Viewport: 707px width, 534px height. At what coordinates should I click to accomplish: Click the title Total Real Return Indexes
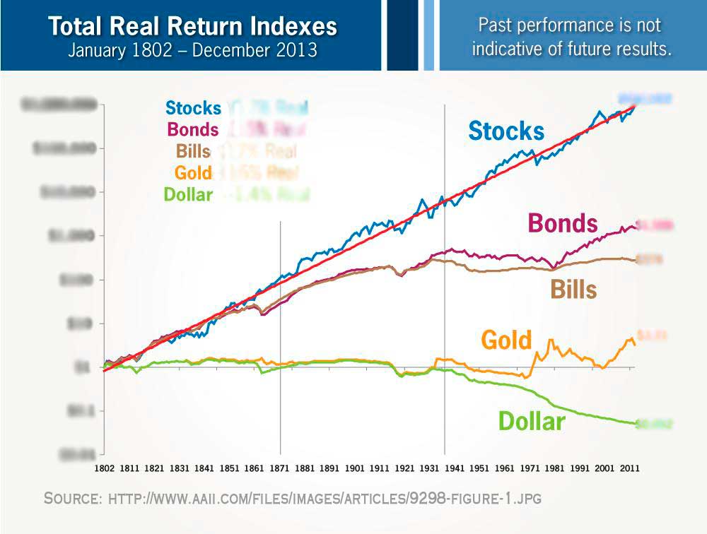pos(192,27)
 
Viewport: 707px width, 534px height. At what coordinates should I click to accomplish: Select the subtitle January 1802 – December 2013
pos(192,51)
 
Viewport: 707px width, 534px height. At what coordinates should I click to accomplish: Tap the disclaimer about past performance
pos(571,37)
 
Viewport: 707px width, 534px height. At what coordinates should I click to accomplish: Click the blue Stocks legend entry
pos(193,108)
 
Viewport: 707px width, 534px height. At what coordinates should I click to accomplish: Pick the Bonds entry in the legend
pos(193,130)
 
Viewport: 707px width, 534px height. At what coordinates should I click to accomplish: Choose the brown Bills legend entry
pos(193,151)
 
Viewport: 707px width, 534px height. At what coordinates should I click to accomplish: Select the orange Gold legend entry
pos(193,172)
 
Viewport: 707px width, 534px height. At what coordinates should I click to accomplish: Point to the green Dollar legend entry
pos(188,194)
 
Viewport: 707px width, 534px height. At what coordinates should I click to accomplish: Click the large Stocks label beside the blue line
pos(506,131)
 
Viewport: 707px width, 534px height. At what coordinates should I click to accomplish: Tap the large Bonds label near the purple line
pos(563,224)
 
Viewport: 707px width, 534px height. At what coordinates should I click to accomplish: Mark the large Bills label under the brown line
pos(573,289)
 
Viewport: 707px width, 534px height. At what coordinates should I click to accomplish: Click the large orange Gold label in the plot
pos(506,340)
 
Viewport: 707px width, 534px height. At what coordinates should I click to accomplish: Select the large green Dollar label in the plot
pos(532,422)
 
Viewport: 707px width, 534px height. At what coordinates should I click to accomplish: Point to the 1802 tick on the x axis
pos(105,467)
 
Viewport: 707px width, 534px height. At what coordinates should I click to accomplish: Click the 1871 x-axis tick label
pos(281,467)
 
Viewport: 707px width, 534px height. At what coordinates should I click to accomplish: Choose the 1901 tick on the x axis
pos(354,467)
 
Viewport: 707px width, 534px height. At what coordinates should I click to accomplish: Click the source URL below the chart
pos(325,499)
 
